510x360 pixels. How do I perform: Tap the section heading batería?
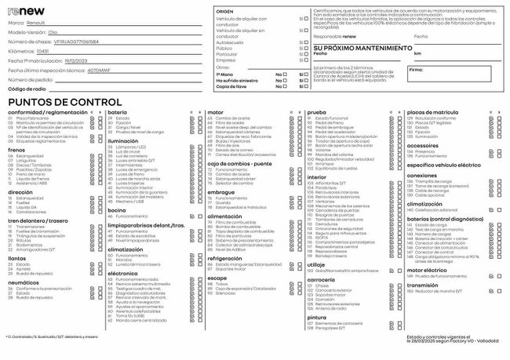[x=117, y=112]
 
